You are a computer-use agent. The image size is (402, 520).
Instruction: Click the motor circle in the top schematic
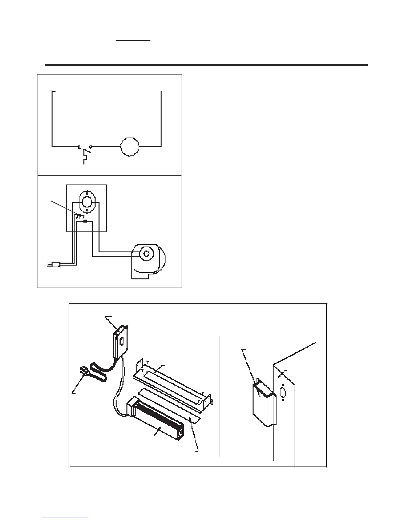click(x=130, y=147)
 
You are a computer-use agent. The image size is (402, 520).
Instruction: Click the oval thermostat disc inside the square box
click(x=86, y=201)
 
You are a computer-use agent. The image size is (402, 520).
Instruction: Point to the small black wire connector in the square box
click(x=85, y=222)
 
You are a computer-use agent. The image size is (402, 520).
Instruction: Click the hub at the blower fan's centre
click(x=145, y=253)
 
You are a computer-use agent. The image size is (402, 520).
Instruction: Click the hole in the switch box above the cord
click(x=122, y=342)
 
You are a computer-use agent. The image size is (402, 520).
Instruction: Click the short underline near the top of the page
click(x=133, y=41)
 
